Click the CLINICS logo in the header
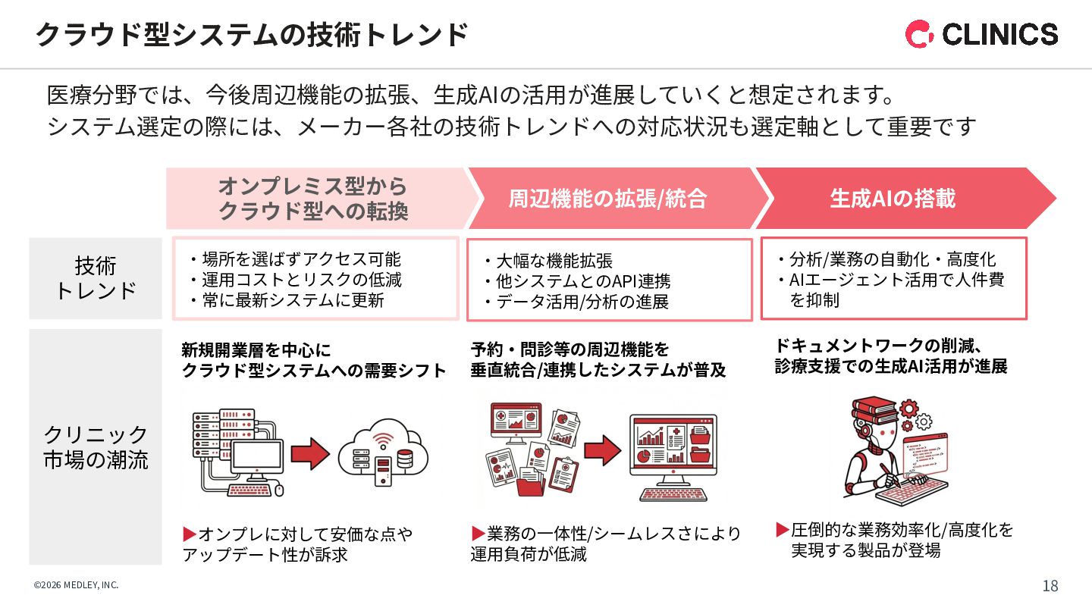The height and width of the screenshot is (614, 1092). tap(981, 34)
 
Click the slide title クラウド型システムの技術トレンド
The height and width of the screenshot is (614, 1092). tap(251, 35)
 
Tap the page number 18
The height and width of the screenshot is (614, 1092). tap(1050, 586)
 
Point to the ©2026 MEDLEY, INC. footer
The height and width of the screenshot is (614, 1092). tap(76, 585)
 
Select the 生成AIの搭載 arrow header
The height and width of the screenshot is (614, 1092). tap(893, 199)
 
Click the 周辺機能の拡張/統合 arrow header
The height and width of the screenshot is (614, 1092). tap(607, 199)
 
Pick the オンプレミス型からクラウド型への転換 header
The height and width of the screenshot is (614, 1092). tap(312, 199)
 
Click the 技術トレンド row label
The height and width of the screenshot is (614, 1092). tap(96, 278)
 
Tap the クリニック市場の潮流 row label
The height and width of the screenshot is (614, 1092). tap(96, 446)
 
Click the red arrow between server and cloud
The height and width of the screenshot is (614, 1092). tap(310, 454)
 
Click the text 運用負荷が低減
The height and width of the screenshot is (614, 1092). tap(529, 554)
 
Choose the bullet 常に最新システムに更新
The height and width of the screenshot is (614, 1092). tap(293, 301)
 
